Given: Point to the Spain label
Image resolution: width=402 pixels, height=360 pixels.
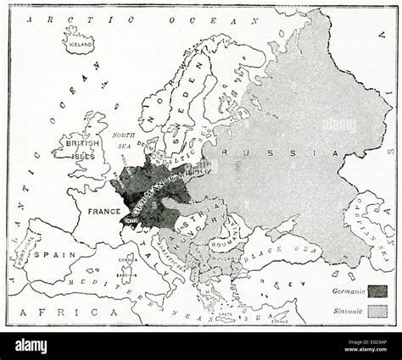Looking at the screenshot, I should (x=50, y=253).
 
